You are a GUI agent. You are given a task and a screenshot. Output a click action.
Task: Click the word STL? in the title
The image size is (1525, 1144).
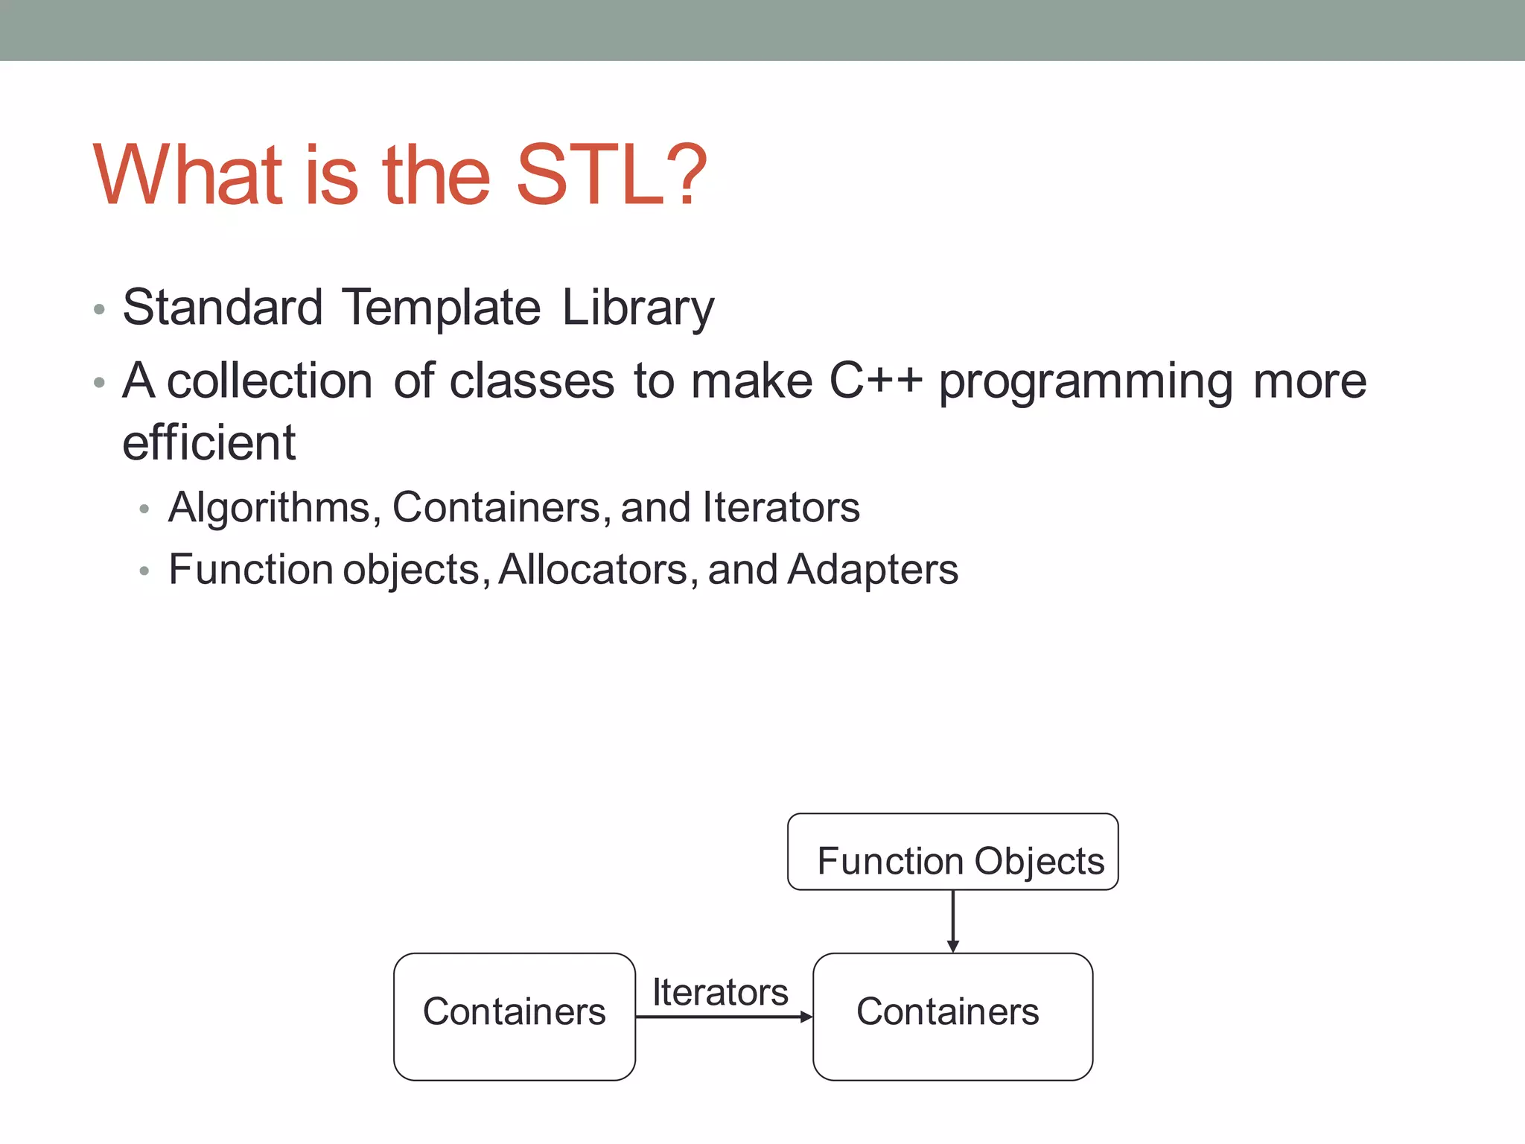coord(611,176)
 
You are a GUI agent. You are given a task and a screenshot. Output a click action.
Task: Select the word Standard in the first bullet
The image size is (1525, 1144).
coord(222,308)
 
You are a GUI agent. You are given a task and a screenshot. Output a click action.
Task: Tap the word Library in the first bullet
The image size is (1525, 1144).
coord(637,308)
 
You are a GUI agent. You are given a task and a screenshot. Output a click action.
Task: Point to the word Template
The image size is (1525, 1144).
coord(441,308)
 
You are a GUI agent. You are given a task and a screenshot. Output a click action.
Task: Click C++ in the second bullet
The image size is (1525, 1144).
coord(876,381)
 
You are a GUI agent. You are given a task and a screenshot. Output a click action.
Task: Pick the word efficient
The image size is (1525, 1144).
coord(208,442)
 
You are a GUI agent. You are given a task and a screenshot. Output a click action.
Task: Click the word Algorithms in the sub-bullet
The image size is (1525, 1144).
coord(270,508)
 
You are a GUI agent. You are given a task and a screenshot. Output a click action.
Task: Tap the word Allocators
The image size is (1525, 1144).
coord(593,570)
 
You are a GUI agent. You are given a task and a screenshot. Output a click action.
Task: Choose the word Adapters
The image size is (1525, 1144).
coord(872,570)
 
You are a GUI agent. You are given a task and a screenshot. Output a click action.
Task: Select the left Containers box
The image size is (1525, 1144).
coord(514,1016)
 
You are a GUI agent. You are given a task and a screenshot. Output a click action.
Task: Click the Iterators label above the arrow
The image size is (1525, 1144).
coord(719,992)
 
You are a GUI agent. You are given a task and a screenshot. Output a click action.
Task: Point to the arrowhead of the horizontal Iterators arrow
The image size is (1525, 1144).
coord(806,1017)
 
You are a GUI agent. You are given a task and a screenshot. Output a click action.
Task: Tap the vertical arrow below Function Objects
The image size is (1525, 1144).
coord(952,920)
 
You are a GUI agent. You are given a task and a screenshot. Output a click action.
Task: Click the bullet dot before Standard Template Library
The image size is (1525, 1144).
coord(99,309)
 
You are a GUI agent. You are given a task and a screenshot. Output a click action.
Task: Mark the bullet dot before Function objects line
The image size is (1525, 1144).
coord(144,571)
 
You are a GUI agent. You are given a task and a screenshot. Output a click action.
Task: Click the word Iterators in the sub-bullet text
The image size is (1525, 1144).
coord(780,508)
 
